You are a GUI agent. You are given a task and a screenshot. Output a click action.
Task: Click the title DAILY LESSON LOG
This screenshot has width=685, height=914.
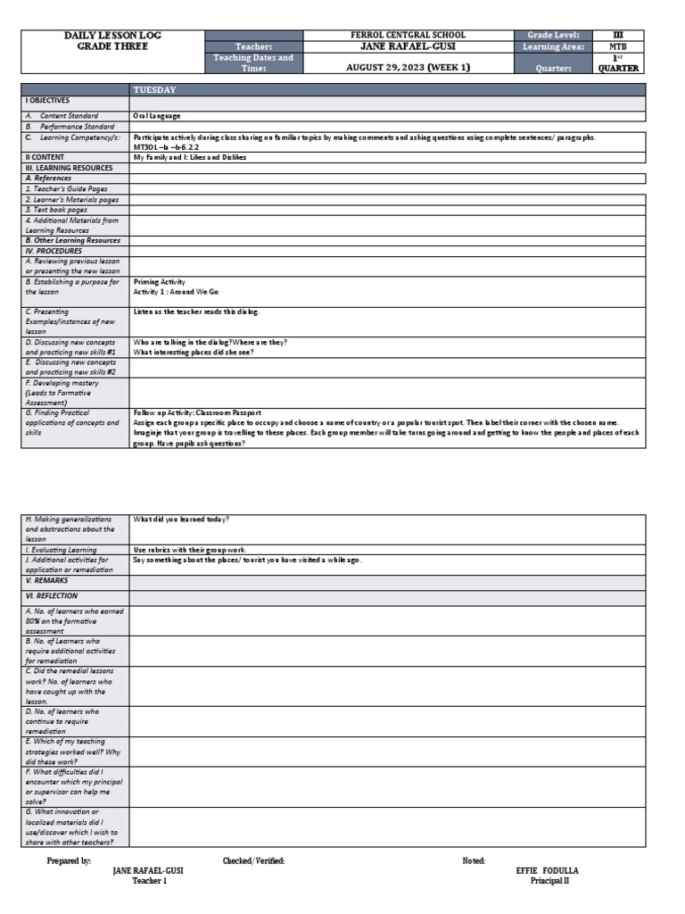pyautogui.click(x=112, y=35)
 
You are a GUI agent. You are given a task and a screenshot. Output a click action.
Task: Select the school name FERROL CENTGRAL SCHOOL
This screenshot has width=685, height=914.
pyautogui.click(x=409, y=35)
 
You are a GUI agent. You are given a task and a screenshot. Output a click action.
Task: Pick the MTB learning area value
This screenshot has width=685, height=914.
pyautogui.click(x=617, y=46)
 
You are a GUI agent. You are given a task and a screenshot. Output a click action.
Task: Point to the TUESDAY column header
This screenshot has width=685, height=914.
pyautogui.click(x=154, y=90)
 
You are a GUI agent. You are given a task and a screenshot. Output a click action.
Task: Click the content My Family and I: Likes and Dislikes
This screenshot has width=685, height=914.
pyautogui.click(x=190, y=157)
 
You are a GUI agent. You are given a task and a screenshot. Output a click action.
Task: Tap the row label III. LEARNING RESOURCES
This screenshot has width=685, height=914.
pyautogui.click(x=70, y=168)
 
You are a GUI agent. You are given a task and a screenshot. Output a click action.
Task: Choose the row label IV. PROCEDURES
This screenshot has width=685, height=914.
pyautogui.click(x=54, y=251)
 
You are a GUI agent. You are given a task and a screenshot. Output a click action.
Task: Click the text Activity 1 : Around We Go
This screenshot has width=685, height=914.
pyautogui.click(x=176, y=292)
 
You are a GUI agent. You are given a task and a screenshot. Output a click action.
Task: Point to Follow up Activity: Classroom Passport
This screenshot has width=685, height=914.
pyautogui.click(x=197, y=413)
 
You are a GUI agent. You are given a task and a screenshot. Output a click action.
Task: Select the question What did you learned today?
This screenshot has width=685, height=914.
pyautogui.click(x=181, y=519)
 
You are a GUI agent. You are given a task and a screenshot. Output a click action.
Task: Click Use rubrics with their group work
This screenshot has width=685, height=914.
pyautogui.click(x=190, y=550)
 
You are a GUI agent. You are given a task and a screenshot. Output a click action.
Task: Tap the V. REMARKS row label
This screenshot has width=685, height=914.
pyautogui.click(x=45, y=580)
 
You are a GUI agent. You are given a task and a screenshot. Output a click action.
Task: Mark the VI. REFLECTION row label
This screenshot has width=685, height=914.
pyautogui.click(x=52, y=595)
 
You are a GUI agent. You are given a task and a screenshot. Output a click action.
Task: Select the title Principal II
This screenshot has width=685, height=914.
pyautogui.click(x=549, y=881)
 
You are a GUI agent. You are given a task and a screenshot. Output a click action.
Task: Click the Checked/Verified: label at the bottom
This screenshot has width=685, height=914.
pyautogui.click(x=253, y=860)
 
